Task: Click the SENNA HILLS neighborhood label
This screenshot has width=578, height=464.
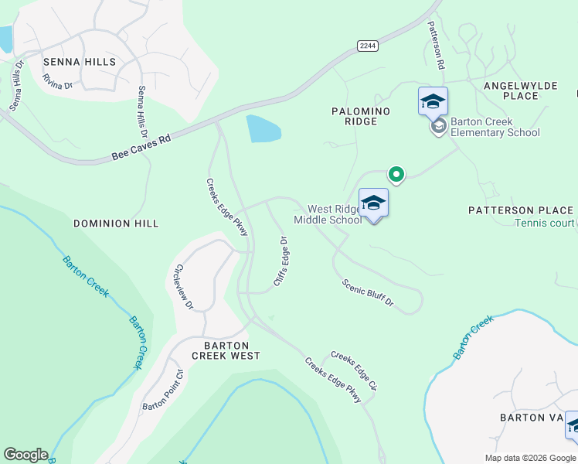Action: click(80, 62)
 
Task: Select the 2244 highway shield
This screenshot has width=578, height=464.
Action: click(368, 46)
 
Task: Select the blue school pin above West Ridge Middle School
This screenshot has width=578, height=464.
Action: click(373, 203)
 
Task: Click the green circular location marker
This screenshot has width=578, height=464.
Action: click(396, 175)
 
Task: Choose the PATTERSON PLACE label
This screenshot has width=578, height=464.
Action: click(521, 210)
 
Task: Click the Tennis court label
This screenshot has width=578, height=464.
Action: click(546, 223)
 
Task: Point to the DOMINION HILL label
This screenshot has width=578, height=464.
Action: click(116, 223)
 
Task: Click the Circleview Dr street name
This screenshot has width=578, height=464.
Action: click(183, 287)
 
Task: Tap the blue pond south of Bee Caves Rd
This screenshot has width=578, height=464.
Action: click(263, 128)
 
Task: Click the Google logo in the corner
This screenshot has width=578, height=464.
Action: click(25, 455)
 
